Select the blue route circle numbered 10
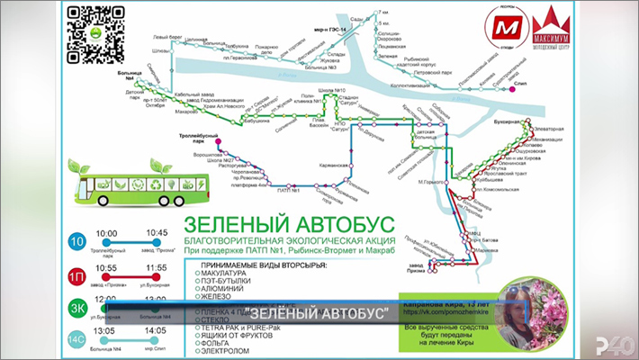(x=78, y=240)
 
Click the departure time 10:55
(x=106, y=268)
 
